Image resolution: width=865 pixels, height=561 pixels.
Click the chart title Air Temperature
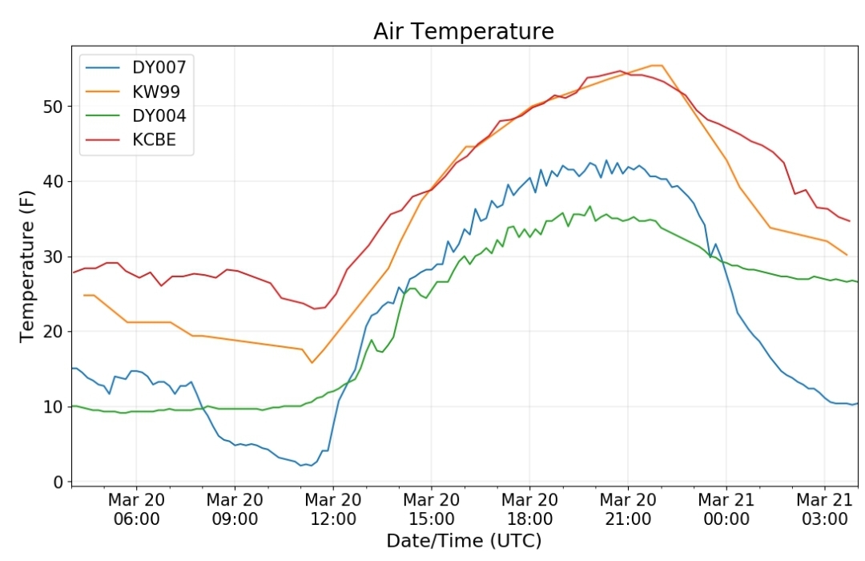464,31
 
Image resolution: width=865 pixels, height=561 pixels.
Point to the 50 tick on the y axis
53,107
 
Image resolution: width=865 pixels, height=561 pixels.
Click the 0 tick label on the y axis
58,482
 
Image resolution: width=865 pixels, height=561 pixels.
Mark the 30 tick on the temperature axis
53,257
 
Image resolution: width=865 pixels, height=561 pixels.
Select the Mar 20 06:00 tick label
136,510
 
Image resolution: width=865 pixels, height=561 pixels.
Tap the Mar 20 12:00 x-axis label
332,510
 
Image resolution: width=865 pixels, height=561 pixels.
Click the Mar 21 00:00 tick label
726,510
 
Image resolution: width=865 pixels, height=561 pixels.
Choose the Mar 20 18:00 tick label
529,510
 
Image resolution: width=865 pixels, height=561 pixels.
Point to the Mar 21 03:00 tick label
824,510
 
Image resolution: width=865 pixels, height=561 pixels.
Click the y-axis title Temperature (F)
27,266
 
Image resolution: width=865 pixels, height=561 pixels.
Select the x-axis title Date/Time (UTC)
464,541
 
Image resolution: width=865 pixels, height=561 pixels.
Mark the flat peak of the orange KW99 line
657,65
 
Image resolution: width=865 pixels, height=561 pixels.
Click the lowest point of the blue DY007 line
302,466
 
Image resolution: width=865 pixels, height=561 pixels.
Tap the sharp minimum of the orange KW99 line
312,363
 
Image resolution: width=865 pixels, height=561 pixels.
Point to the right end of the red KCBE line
850,221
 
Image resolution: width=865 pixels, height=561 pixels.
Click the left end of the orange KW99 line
84,296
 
